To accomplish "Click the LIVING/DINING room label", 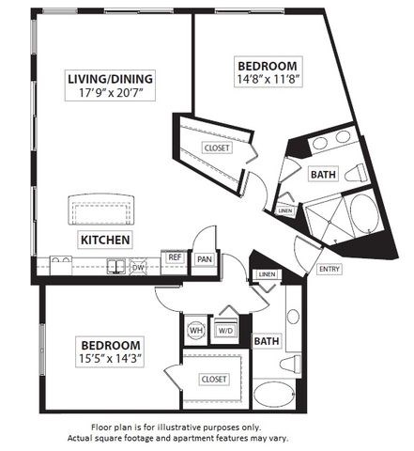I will click(110, 78).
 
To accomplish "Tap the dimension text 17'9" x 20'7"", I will click(110, 94).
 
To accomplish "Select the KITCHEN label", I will click(104, 239).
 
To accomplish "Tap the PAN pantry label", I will click(204, 258).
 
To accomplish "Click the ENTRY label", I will click(330, 270).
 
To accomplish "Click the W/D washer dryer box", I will click(225, 330).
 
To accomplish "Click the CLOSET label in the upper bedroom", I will click(217, 148).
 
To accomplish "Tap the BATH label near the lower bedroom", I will click(266, 341).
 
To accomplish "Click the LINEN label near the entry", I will click(267, 274).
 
